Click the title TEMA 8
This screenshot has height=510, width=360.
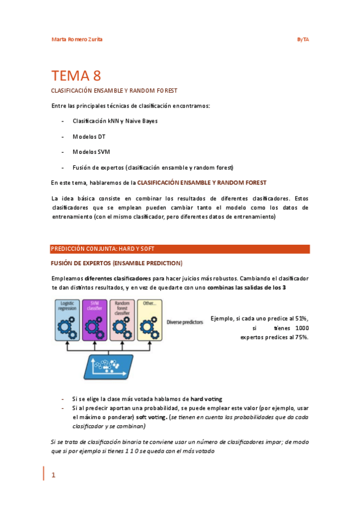point(76,76)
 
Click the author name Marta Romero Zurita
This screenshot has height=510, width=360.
point(76,40)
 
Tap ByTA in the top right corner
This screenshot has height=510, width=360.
point(303,40)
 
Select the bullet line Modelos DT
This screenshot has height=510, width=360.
point(89,137)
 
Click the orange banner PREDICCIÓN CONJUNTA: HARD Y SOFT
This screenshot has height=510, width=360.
point(180,248)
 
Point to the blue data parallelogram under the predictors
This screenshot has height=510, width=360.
point(117,366)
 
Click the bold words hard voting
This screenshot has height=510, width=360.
point(206,399)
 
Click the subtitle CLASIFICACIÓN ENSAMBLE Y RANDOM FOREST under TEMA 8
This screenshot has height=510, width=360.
point(114,90)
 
